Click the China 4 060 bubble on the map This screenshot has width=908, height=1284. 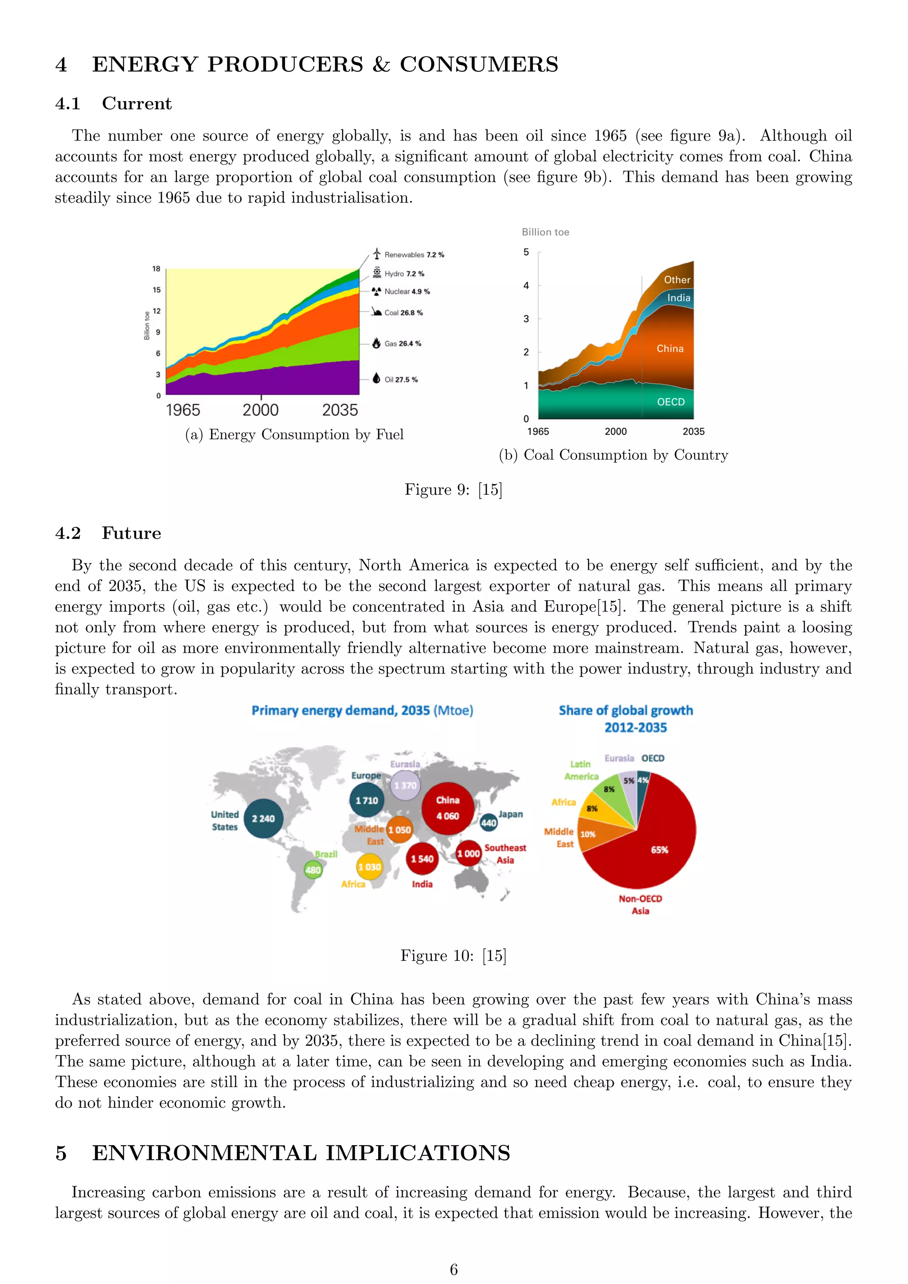(447, 808)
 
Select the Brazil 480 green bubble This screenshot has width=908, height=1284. (313, 869)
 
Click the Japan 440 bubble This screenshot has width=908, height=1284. (489, 822)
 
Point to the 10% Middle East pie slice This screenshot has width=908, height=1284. (590, 833)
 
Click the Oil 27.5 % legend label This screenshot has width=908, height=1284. (401, 380)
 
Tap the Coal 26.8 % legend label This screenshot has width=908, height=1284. (403, 313)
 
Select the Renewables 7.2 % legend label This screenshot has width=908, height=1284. (414, 255)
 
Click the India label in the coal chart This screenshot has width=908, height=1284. (679, 298)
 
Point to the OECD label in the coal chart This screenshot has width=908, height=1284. (670, 402)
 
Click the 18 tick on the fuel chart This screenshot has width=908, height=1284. (157, 269)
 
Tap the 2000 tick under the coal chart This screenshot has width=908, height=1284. (615, 432)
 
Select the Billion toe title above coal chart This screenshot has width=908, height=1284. (545, 232)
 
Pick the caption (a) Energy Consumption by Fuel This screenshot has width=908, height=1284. (294, 435)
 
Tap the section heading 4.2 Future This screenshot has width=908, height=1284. (108, 533)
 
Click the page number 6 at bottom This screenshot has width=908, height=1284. (454, 1269)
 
